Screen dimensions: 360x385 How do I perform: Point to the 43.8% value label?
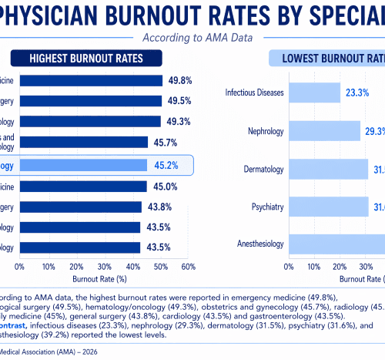pyautogui.click(x=159, y=207)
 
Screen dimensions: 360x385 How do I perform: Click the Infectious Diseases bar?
pyautogui.click(x=314, y=93)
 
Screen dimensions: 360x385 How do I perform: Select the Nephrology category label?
pyautogui.click(x=266, y=131)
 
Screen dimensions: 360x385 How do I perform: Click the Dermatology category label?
pyautogui.click(x=263, y=169)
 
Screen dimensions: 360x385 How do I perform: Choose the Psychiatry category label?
pyautogui.click(x=266, y=207)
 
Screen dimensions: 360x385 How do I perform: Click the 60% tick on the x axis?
pyautogui.click(x=187, y=266)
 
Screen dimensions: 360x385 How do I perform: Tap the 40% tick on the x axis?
pyautogui.click(x=132, y=266)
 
